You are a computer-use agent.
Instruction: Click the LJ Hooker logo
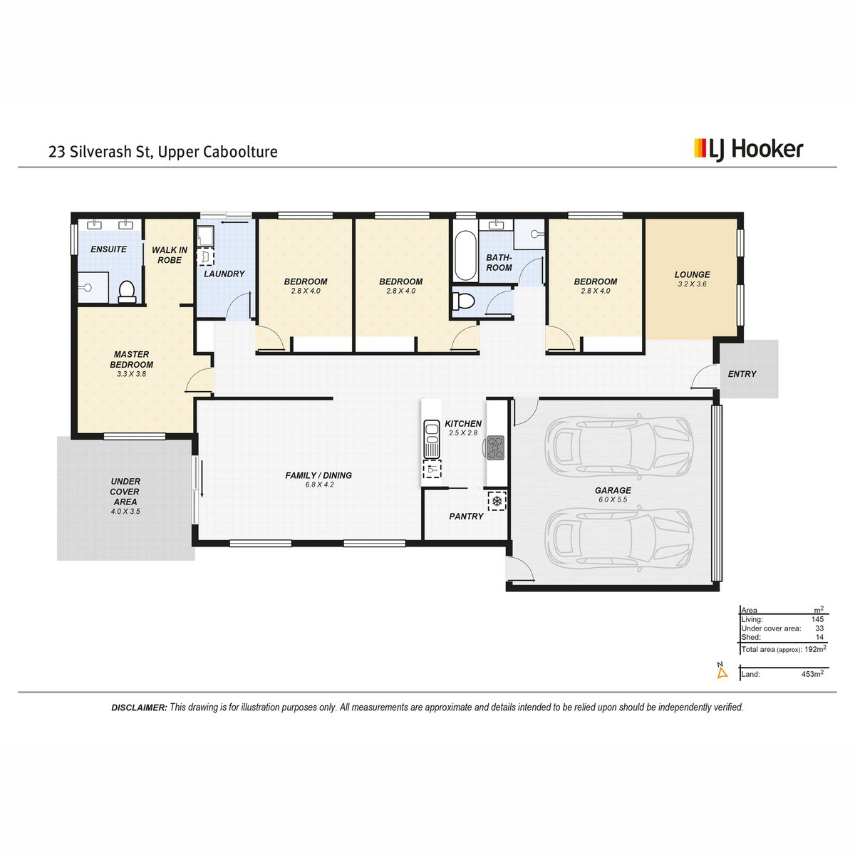(749, 150)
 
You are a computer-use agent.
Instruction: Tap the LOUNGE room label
(692, 274)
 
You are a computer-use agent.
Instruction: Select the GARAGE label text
(613, 490)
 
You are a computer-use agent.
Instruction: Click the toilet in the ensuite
(127, 291)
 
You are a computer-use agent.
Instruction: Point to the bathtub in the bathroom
(465, 254)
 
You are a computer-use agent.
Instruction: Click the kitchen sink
(431, 439)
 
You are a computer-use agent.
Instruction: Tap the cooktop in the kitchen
(496, 447)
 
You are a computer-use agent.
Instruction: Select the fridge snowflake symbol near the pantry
(497, 501)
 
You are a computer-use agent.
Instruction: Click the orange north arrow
(722, 673)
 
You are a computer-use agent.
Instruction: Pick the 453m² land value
(812, 673)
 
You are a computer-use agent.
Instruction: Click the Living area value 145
(817, 619)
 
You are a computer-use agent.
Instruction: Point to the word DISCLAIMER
(139, 708)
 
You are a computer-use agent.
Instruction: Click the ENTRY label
(742, 374)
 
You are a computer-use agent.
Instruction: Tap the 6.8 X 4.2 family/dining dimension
(319, 484)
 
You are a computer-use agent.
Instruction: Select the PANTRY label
(466, 516)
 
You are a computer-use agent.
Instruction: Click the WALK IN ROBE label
(170, 255)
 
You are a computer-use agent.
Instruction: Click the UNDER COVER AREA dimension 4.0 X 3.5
(125, 511)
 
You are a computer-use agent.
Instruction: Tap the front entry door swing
(703, 377)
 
